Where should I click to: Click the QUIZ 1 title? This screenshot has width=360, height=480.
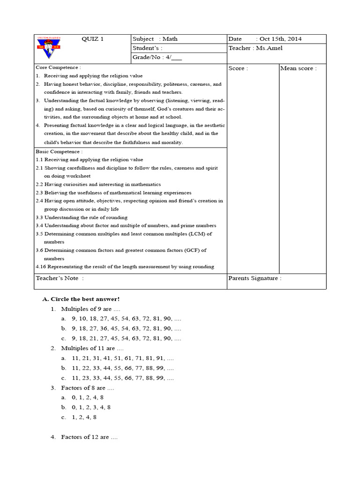[92, 39]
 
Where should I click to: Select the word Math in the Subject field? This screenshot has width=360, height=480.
[170, 39]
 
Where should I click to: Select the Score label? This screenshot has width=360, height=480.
[238, 68]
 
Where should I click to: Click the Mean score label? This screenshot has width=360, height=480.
[298, 68]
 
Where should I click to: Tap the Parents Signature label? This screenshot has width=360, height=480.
[255, 278]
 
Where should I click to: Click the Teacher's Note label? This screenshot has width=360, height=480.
[60, 278]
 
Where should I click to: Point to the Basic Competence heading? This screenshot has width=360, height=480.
[59, 151]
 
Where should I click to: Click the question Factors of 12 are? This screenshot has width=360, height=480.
[89, 437]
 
